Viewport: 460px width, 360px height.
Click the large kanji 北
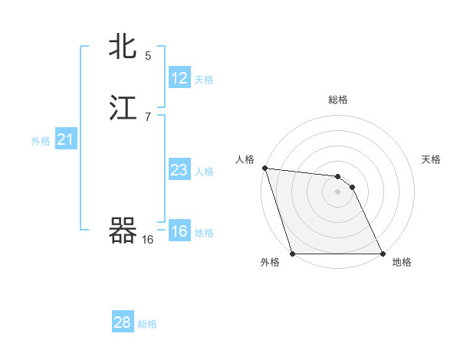pyautogui.click(x=123, y=47)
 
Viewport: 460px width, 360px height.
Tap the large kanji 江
pyautogui.click(x=123, y=108)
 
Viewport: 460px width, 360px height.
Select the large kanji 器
pyautogui.click(x=123, y=231)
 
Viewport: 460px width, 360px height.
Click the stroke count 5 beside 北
pyautogui.click(x=148, y=55)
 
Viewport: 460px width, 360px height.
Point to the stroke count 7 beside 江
pyautogui.click(x=148, y=116)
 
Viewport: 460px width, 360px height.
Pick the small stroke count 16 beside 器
pyautogui.click(x=147, y=240)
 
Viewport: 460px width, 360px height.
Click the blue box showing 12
pyautogui.click(x=179, y=78)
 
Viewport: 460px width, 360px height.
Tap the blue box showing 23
pyautogui.click(x=179, y=170)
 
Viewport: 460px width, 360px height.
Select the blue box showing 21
pyautogui.click(x=65, y=139)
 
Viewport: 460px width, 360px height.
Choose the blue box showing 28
pyautogui.click(x=123, y=322)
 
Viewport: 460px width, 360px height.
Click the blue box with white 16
pyautogui.click(x=179, y=231)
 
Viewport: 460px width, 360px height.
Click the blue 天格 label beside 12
pyautogui.click(x=204, y=80)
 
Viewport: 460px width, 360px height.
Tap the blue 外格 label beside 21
pyautogui.click(x=41, y=141)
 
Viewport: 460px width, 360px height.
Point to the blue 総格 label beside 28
pyautogui.click(x=147, y=324)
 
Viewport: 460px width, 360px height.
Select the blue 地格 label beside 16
pyautogui.click(x=204, y=233)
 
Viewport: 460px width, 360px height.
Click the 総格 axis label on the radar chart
pyautogui.click(x=338, y=100)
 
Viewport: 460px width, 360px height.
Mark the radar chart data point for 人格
pyautogui.click(x=264, y=169)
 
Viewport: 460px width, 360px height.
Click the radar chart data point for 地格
pyautogui.click(x=383, y=254)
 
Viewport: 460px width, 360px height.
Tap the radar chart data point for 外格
pyautogui.click(x=292, y=254)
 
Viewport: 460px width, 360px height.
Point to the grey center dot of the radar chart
pyautogui.click(x=337, y=191)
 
